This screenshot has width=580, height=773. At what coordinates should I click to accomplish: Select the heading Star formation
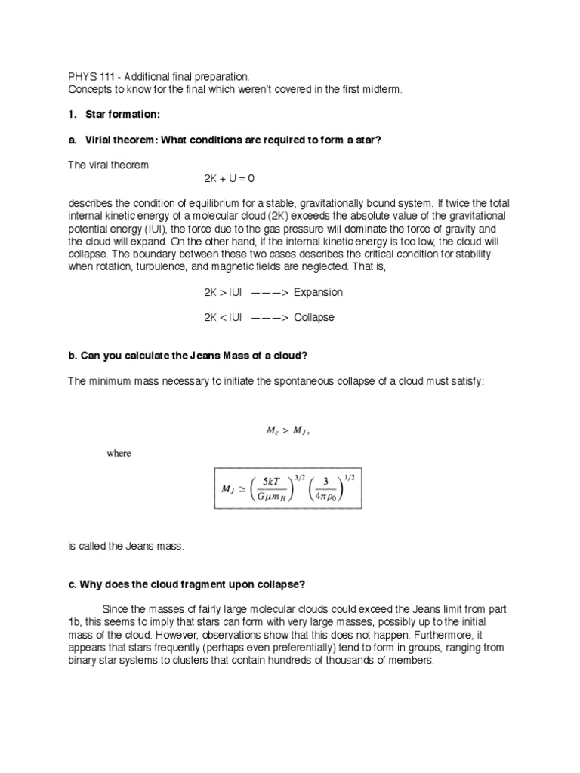[x=124, y=115]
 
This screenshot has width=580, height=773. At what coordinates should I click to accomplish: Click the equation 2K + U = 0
[x=230, y=179]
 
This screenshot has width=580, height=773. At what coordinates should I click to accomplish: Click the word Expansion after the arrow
[x=318, y=292]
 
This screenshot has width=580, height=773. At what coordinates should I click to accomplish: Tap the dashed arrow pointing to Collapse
[x=266, y=318]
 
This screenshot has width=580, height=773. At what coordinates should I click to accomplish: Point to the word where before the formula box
[x=118, y=454]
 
